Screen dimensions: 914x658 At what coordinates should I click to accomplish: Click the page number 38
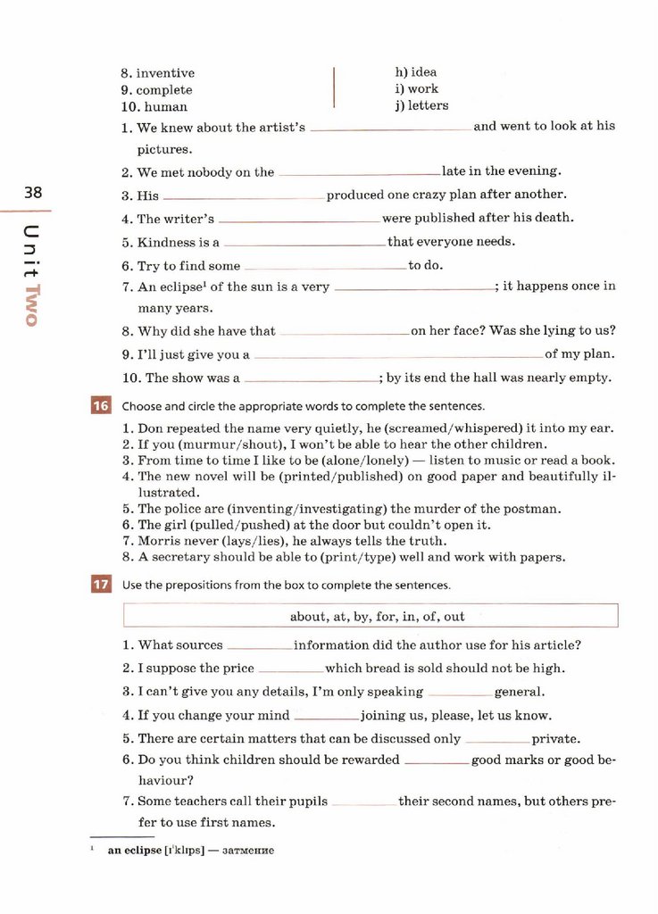point(33,193)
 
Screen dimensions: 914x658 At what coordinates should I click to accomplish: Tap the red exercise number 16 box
point(100,406)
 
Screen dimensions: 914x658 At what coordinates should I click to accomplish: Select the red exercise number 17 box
point(100,586)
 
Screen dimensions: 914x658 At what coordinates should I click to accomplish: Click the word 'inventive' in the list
point(165,73)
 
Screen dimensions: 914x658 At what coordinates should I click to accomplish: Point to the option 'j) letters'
point(421,105)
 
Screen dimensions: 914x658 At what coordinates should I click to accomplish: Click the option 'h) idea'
point(416,72)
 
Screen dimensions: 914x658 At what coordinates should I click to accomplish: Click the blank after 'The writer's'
point(300,219)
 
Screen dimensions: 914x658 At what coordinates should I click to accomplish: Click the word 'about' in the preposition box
point(307,617)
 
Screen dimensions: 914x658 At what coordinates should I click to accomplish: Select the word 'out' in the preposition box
point(454,617)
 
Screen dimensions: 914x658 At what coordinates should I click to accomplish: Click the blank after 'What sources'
point(260,646)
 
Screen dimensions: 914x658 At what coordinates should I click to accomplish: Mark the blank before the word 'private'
point(497,740)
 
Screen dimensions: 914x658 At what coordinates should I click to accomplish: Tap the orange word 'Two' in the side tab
point(33,305)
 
